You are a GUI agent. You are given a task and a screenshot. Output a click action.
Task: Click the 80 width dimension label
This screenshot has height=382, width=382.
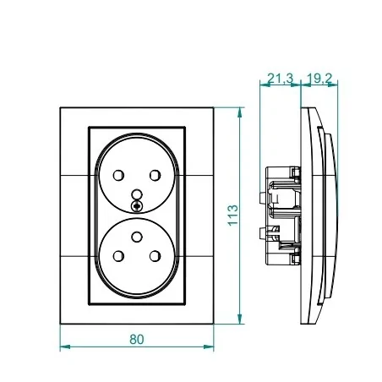137,339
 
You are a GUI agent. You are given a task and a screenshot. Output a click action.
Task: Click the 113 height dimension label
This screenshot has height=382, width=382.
233,216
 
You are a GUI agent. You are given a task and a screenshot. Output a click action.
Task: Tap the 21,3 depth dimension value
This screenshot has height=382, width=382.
280,79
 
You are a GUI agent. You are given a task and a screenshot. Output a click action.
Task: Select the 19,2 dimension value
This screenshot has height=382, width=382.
319,79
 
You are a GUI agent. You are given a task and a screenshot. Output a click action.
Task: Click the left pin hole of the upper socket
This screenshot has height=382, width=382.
118,175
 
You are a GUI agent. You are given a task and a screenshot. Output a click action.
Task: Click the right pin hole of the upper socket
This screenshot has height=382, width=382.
155,175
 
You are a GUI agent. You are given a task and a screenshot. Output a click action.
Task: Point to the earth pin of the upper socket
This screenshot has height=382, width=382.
137,194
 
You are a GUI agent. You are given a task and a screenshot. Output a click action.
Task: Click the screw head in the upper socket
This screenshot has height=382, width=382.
137,206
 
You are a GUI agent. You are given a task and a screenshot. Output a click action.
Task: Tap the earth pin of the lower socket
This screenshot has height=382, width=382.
137,237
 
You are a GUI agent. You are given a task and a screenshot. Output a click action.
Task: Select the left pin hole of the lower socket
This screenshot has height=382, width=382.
118,256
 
